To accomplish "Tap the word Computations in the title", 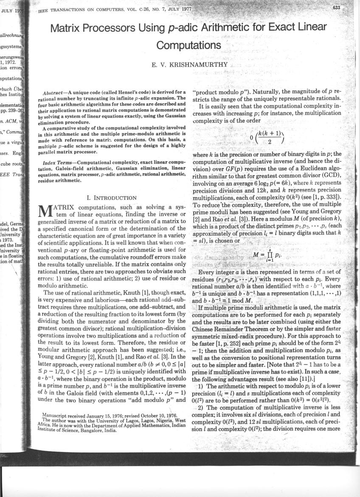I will [x=188, y=45].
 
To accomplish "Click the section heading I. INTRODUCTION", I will [x=111, y=198].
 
